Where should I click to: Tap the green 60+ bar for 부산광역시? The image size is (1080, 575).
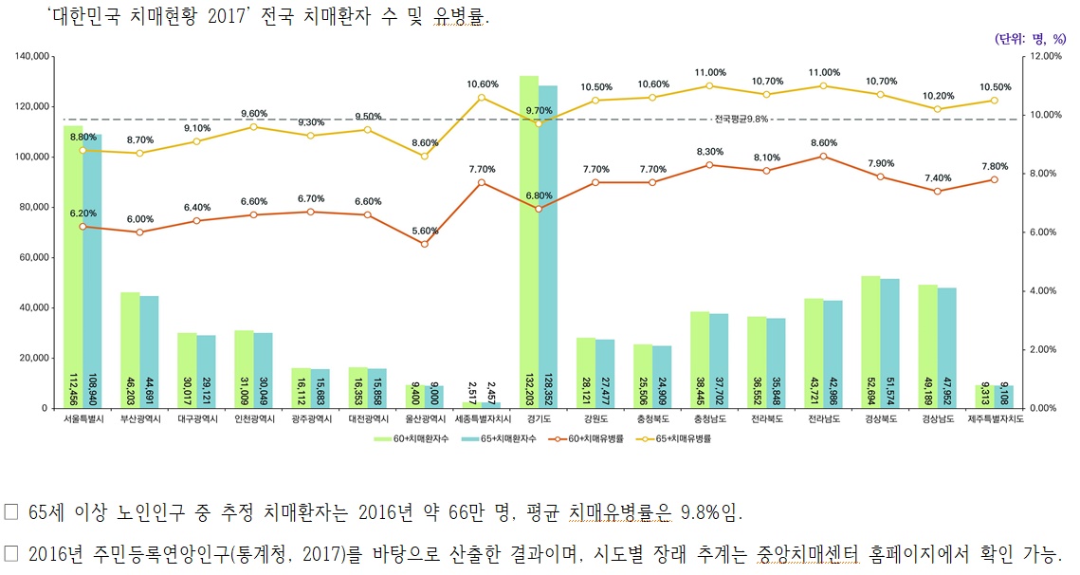click(x=130, y=350)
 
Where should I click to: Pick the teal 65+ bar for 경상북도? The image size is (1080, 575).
click(x=889, y=343)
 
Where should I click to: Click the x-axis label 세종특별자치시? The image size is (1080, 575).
click(x=482, y=418)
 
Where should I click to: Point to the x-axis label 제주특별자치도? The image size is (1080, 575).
click(x=995, y=418)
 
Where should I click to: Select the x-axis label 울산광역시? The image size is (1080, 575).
click(x=425, y=418)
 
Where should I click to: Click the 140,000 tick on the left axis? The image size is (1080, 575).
click(x=32, y=57)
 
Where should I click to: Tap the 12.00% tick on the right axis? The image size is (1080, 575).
click(x=1047, y=57)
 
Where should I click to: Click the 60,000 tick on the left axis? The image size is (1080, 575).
click(x=35, y=257)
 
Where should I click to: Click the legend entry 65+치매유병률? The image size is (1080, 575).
click(x=682, y=439)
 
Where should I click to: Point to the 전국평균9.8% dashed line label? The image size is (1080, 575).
click(x=741, y=120)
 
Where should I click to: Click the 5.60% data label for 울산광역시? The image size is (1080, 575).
click(x=425, y=231)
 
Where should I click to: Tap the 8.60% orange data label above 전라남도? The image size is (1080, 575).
click(x=823, y=142)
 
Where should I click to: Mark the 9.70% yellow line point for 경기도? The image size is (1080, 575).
click(x=539, y=123)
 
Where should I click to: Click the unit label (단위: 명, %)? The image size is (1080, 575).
click(x=1031, y=39)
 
